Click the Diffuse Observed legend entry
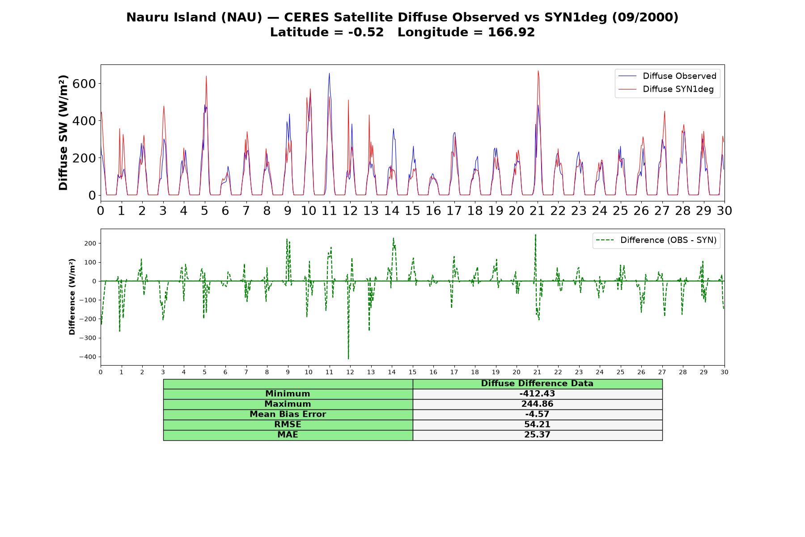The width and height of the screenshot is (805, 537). (x=667, y=76)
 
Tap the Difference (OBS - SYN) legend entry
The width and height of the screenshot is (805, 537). (x=656, y=240)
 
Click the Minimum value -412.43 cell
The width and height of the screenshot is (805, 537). (x=537, y=394)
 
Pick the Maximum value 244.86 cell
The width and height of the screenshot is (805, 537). (x=537, y=404)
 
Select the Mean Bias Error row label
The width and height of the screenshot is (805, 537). (x=288, y=414)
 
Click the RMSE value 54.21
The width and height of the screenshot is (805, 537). (x=537, y=425)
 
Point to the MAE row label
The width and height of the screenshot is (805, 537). (x=288, y=435)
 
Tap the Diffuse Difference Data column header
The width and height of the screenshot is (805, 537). (x=537, y=384)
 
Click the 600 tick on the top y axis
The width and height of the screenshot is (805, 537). (x=86, y=84)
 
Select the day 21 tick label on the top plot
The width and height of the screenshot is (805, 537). (x=537, y=211)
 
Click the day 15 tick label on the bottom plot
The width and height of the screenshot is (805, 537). (x=412, y=372)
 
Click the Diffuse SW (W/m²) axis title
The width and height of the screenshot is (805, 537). (x=64, y=132)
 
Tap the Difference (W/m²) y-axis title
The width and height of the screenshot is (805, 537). (x=72, y=297)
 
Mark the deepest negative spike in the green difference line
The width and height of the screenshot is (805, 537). (x=348, y=358)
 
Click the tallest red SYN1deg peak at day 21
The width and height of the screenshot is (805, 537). (x=538, y=71)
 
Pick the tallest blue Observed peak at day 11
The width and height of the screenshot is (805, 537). (x=329, y=73)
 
